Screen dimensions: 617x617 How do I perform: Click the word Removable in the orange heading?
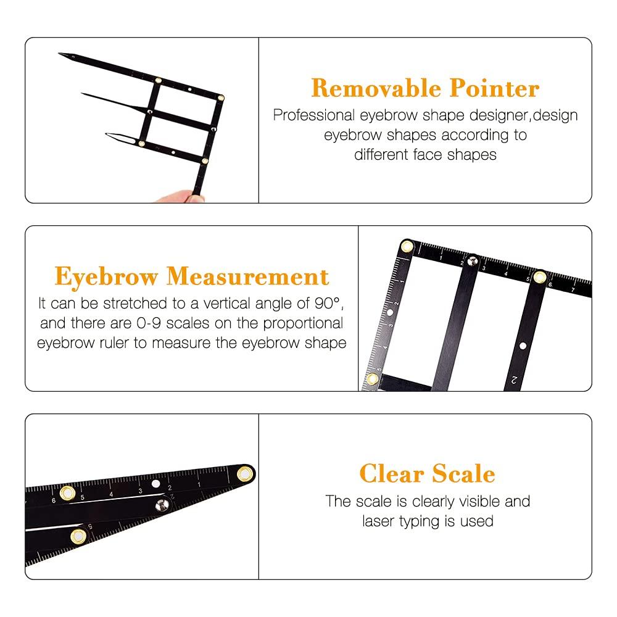[x=376, y=88]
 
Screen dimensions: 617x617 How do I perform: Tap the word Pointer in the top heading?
[x=495, y=88]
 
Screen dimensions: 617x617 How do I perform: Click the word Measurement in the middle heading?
[x=247, y=276]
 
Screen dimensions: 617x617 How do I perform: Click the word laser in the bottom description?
[x=378, y=521]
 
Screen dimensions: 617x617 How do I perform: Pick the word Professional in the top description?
[x=314, y=115]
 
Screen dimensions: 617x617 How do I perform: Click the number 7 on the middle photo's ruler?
[x=573, y=289]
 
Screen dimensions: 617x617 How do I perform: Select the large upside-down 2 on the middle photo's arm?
[x=514, y=379]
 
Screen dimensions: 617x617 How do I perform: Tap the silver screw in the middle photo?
[x=472, y=261]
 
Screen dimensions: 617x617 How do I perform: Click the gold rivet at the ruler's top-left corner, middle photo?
[x=407, y=247]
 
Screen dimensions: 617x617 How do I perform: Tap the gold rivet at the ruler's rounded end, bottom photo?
[x=245, y=474]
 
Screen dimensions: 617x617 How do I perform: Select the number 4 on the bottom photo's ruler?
[x=111, y=494]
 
